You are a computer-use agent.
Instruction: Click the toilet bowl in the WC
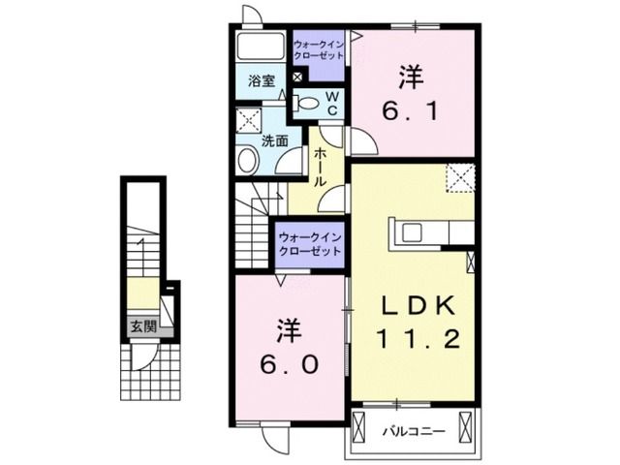click(308, 101)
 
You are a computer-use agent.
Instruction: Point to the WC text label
click(330, 103)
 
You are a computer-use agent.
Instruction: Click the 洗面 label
click(274, 139)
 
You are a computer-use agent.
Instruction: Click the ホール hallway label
click(319, 167)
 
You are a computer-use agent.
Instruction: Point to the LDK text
click(417, 305)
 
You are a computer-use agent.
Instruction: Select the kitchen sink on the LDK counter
click(411, 232)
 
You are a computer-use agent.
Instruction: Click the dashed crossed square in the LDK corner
click(459, 178)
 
